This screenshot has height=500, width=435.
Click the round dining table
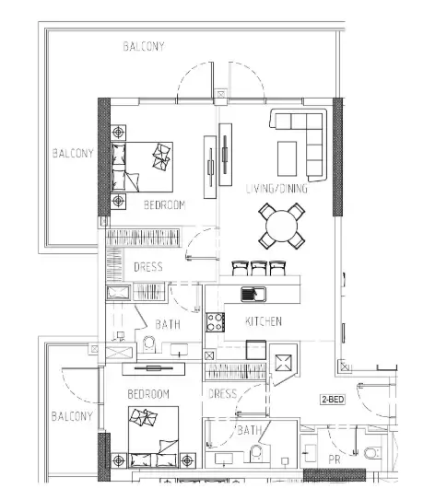click(x=281, y=226)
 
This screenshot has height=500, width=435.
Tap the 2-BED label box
click(x=333, y=400)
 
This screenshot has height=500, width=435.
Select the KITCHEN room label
click(x=264, y=321)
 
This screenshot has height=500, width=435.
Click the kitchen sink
click(x=253, y=294)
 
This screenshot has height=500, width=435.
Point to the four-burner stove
click(x=215, y=322)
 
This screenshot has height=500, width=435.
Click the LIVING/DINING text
click(x=277, y=189)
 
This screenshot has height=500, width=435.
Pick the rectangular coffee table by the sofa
click(x=287, y=158)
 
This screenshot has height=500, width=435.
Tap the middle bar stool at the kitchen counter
click(x=258, y=268)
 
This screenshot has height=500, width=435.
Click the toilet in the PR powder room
click(x=372, y=453)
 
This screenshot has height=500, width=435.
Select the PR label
click(x=335, y=459)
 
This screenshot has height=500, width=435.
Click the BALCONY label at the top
click(x=144, y=47)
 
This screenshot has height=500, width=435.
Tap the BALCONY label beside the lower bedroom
click(x=72, y=416)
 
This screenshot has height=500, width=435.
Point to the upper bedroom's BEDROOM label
click(x=165, y=204)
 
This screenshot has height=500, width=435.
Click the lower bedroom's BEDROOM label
click(x=148, y=394)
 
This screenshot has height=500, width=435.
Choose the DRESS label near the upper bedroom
click(x=148, y=267)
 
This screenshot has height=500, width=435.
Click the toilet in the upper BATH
click(x=148, y=344)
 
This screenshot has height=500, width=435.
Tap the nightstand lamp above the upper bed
click(x=118, y=132)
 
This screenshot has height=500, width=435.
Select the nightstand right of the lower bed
click(x=187, y=460)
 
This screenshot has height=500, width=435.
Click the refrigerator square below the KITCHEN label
click(x=256, y=350)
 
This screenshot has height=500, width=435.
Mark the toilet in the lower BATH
click(x=255, y=453)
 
